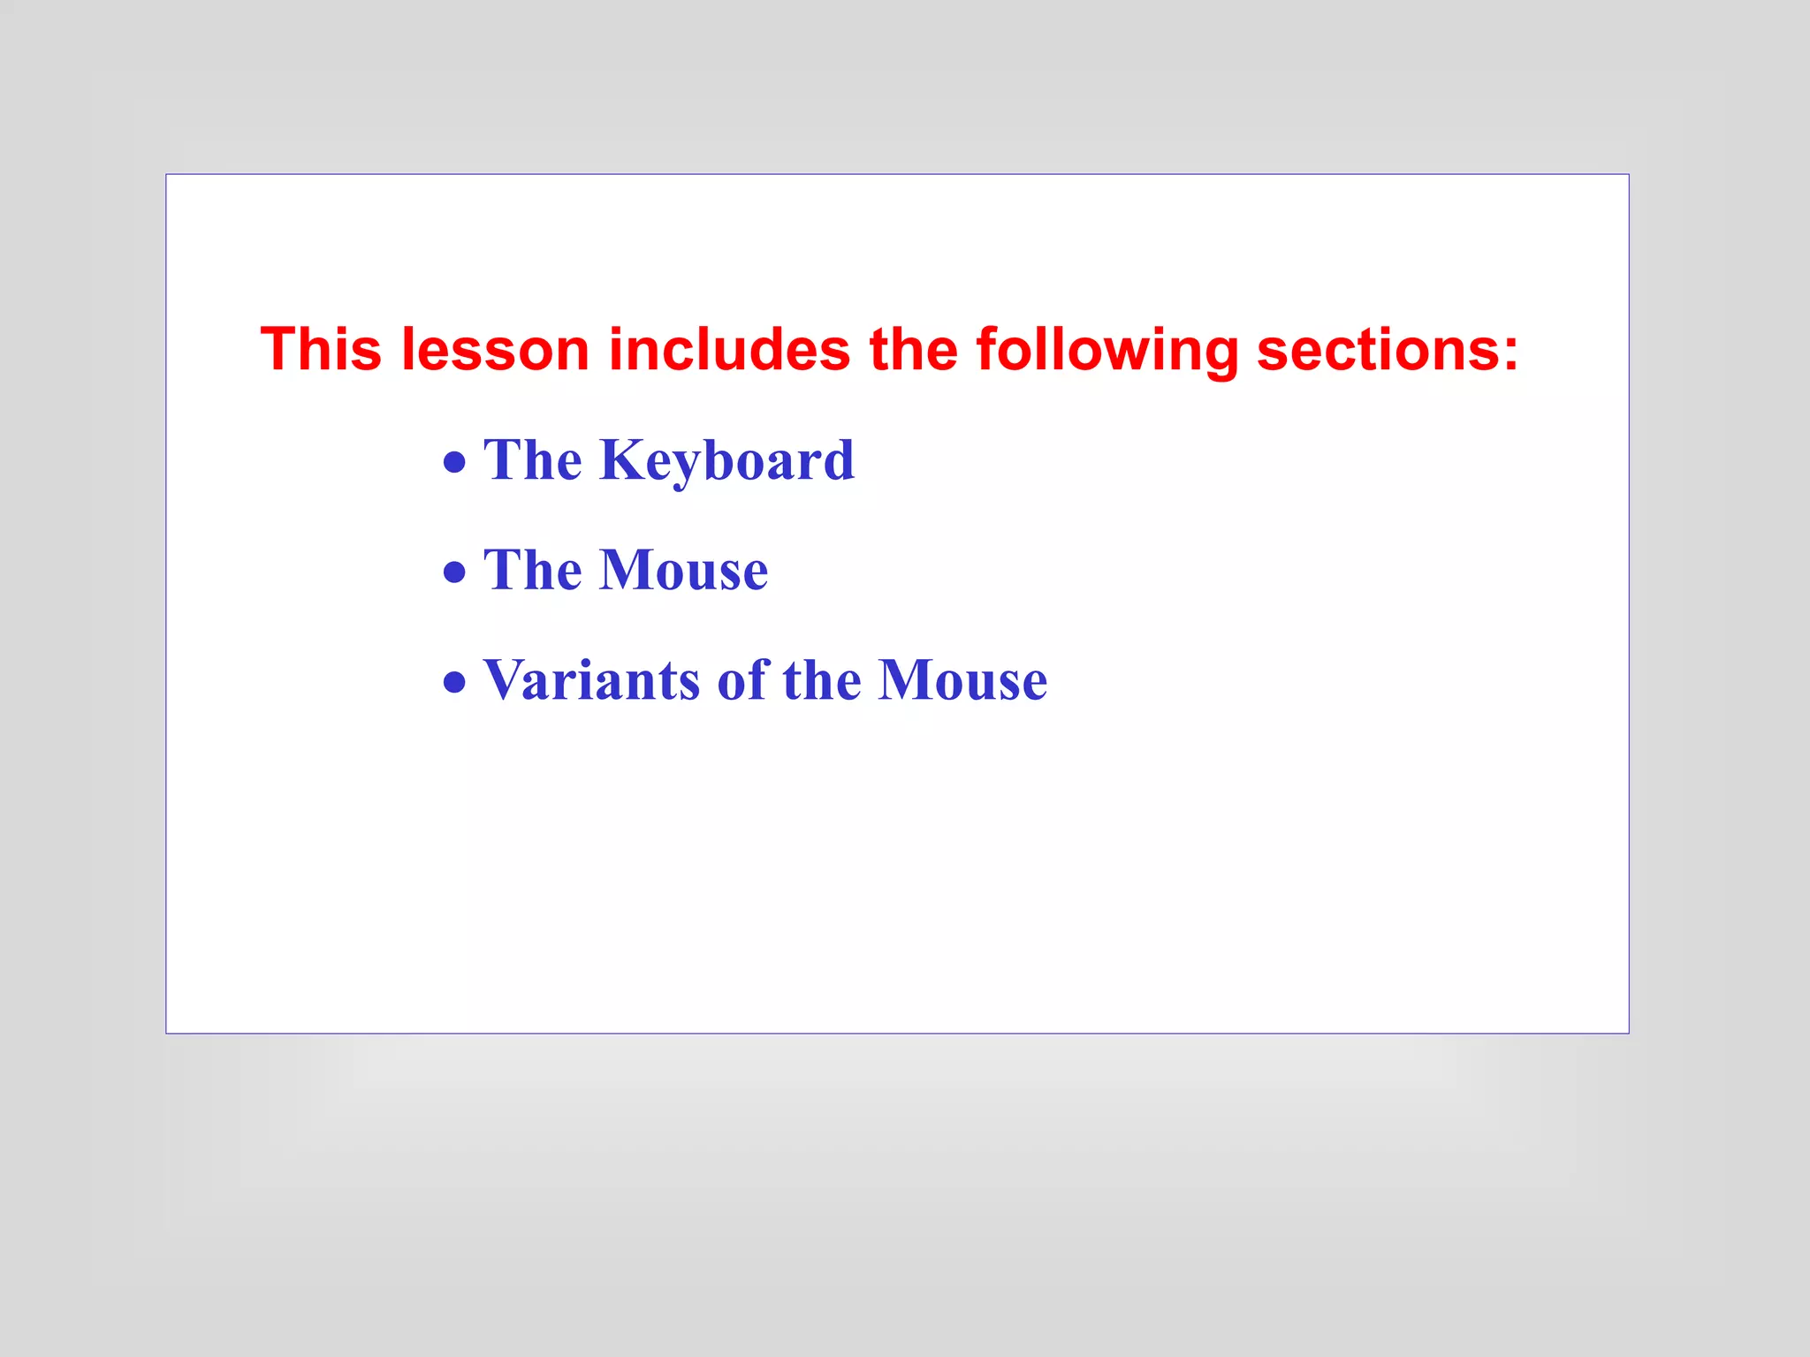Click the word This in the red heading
click(321, 349)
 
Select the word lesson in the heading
click(495, 349)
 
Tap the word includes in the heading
click(729, 349)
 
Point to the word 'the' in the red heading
click(913, 349)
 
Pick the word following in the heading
click(1107, 351)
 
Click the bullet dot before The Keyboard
click(454, 462)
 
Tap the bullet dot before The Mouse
click(454, 572)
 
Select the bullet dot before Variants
click(454, 681)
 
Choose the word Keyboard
click(726, 460)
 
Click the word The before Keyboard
click(532, 460)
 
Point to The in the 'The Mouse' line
click(532, 570)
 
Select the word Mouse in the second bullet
click(684, 570)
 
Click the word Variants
click(591, 680)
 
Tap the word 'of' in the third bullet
click(743, 680)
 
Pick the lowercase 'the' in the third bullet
click(821, 680)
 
